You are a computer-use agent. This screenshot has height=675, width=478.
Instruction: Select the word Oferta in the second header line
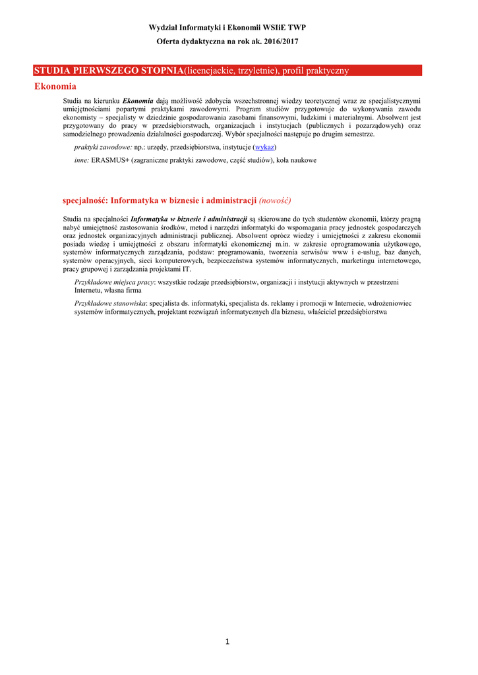[x=169, y=42]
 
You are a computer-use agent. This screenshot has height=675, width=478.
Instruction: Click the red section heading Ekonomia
[x=55, y=86]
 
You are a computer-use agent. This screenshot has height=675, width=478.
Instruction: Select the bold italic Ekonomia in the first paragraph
[x=138, y=100]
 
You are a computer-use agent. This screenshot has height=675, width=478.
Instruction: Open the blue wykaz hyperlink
[x=264, y=147]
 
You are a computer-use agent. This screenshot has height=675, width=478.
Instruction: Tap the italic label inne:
[x=81, y=160]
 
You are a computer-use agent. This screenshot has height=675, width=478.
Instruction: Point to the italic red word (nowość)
[x=275, y=200]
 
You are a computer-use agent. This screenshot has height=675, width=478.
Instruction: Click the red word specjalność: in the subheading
[x=85, y=200]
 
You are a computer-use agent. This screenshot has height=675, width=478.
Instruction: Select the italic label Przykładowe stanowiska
[x=109, y=303]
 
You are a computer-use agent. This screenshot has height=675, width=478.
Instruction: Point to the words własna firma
[x=123, y=290]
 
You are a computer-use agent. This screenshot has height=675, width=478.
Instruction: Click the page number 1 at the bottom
[x=226, y=643]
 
